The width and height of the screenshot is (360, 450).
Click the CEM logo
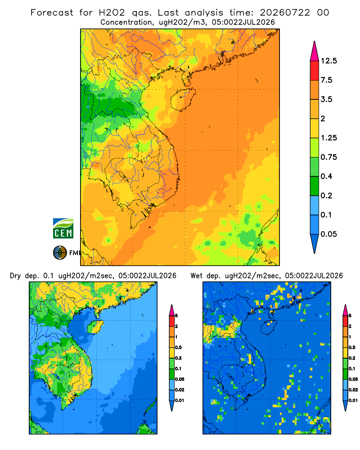point(63,229)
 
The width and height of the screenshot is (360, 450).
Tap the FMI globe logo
point(60,253)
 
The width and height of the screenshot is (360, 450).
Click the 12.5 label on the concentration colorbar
point(329,61)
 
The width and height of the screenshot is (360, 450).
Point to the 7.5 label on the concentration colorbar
point(326,80)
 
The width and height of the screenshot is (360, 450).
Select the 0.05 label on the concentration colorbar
point(328,234)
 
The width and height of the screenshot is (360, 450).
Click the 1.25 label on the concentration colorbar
point(329,138)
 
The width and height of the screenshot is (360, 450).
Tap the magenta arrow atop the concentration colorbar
point(315,51)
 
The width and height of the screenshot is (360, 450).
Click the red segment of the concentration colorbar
point(315,71)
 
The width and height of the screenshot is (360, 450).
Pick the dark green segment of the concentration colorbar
point(315,186)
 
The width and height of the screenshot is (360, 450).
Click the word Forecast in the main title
point(52,13)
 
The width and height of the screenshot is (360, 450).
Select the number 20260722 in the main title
point(285,13)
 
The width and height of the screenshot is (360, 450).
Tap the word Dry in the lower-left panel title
point(15,276)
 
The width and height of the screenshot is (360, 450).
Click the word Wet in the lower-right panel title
point(197,276)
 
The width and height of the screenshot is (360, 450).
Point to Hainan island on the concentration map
point(183,99)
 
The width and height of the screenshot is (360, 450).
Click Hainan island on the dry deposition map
point(95,327)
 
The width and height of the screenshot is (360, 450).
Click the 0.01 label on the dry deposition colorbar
point(180,400)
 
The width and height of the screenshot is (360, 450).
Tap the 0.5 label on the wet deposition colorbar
point(352,347)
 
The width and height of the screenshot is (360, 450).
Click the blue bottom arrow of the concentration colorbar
point(315,243)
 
